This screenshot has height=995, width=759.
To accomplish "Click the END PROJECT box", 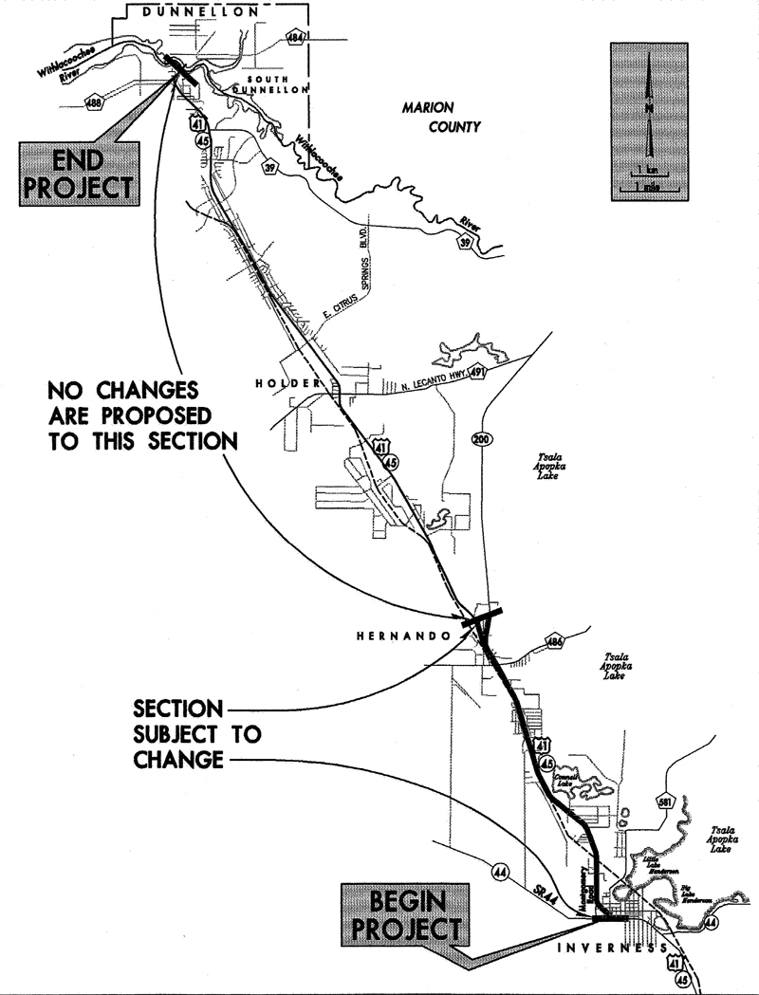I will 79,175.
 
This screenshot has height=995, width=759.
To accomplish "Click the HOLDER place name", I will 282,382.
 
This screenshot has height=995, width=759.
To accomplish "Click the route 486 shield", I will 555,643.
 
